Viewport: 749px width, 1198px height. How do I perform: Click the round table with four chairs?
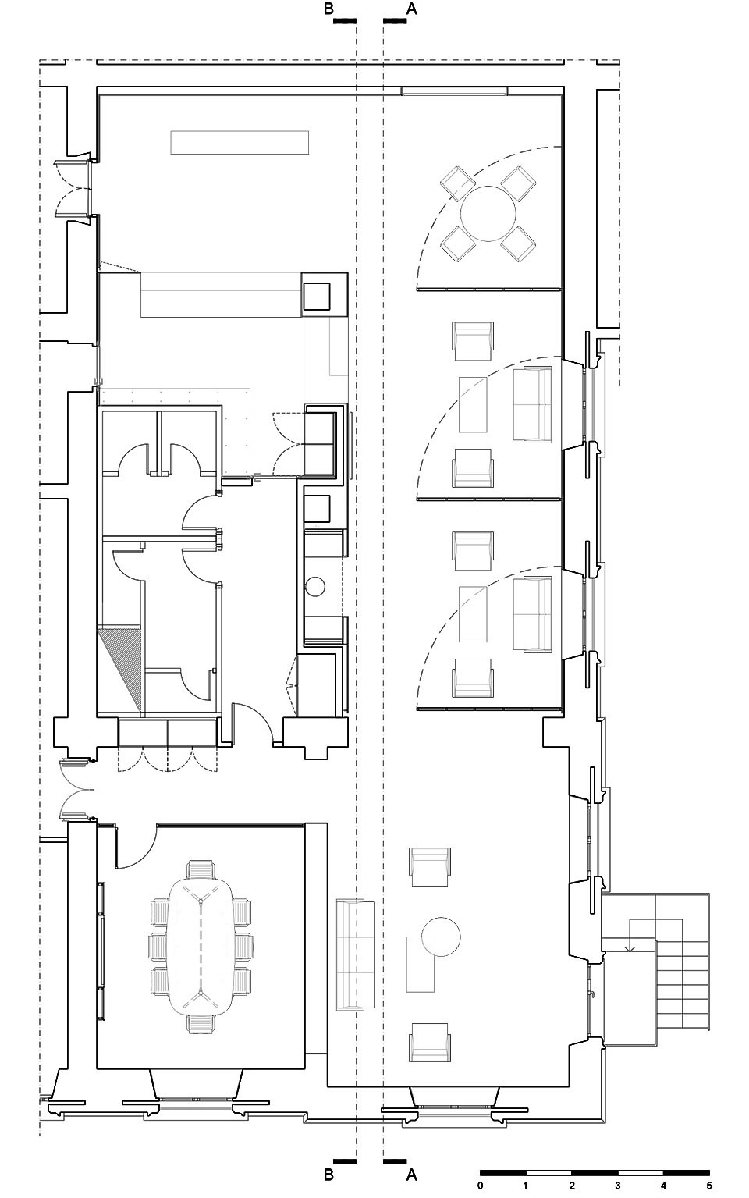click(x=488, y=213)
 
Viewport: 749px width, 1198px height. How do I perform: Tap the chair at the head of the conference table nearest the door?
click(x=201, y=869)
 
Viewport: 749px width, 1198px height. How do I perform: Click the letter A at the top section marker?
click(x=412, y=9)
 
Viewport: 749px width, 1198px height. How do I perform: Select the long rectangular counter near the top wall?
click(x=240, y=142)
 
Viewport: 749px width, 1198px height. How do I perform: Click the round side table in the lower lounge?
click(x=441, y=937)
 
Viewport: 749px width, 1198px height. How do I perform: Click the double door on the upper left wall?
click(x=75, y=188)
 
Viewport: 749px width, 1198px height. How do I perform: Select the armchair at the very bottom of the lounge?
click(x=429, y=1042)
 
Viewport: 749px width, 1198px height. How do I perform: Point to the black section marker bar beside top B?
click(x=344, y=21)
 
